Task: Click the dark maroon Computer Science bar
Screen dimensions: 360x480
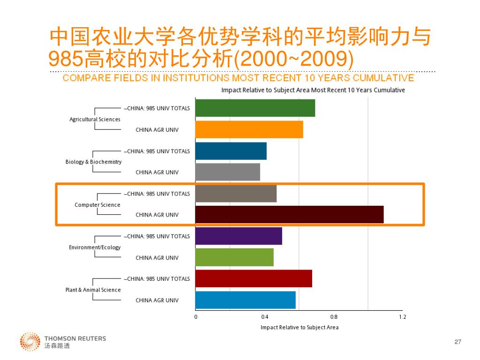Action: [x=289, y=214]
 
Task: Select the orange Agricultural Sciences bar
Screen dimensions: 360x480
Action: [x=249, y=129]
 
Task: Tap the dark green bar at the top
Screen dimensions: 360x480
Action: [x=255, y=108]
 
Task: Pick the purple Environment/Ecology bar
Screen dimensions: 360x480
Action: [x=239, y=236]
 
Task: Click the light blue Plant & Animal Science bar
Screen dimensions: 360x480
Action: [x=245, y=300]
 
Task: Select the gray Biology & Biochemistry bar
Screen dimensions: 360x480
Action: [x=227, y=172]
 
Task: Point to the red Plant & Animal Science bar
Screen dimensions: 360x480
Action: [x=254, y=278]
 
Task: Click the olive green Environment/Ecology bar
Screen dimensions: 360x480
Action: [x=234, y=257]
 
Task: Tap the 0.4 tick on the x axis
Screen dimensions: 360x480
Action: [x=264, y=317]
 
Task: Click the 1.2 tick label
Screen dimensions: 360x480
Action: [x=403, y=317]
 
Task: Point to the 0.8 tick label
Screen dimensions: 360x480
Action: [x=334, y=317]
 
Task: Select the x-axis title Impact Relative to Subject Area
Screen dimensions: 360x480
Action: [x=300, y=327]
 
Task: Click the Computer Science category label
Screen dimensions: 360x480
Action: [x=97, y=205]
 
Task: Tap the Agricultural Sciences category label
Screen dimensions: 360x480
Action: [x=95, y=119]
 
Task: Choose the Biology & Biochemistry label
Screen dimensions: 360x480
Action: [x=93, y=162]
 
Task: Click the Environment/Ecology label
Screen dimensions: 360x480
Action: [x=95, y=247]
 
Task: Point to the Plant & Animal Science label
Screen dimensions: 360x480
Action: [x=93, y=290]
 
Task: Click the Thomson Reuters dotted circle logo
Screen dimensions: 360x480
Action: [x=30, y=341]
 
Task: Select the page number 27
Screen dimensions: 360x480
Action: [x=458, y=342]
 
